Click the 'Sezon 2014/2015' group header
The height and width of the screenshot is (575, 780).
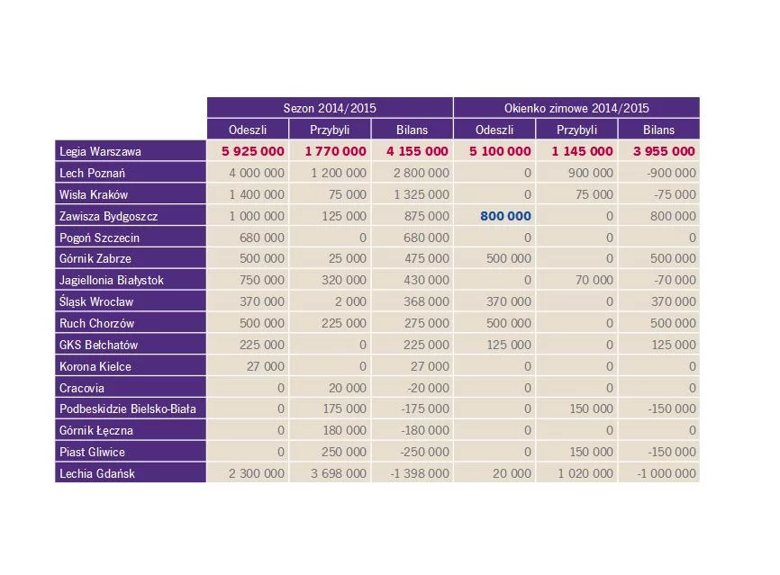(330, 108)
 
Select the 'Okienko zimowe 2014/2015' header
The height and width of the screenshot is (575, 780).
(576, 108)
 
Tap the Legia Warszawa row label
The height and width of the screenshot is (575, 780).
(100, 151)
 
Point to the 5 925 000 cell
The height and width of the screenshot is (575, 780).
(253, 151)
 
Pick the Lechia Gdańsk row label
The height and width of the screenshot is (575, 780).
(97, 473)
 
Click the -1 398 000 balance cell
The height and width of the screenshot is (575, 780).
(417, 473)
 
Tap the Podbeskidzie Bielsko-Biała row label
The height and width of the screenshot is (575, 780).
(128, 409)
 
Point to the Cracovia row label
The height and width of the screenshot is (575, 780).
(82, 388)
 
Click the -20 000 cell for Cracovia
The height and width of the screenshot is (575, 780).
(425, 388)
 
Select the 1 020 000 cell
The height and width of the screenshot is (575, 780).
(585, 473)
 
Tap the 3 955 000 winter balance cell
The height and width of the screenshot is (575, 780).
(665, 151)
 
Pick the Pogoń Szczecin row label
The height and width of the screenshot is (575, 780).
(100, 238)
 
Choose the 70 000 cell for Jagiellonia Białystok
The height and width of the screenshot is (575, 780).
(595, 280)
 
